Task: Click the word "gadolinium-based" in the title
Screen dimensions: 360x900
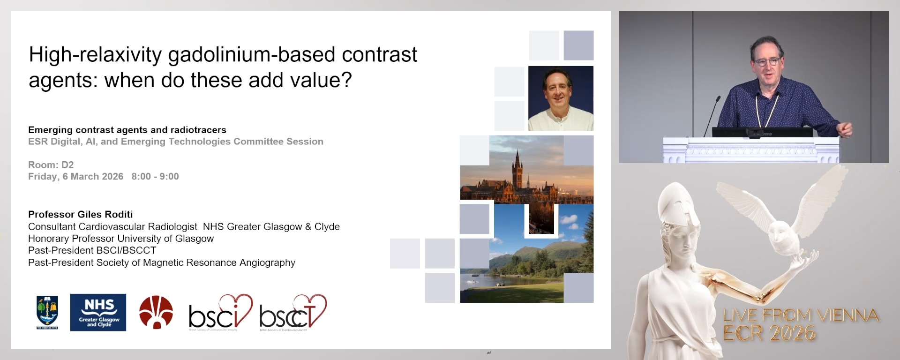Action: (x=252, y=55)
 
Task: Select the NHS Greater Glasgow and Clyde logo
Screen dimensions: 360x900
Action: (x=98, y=312)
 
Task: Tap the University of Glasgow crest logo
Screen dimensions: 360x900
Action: (x=47, y=312)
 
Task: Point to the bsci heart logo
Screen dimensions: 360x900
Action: (x=220, y=313)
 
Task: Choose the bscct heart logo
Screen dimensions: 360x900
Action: (x=292, y=313)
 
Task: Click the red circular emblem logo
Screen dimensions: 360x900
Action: (x=156, y=312)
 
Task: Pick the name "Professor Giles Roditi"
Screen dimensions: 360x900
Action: (x=81, y=214)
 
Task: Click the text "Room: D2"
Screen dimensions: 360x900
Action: (x=51, y=165)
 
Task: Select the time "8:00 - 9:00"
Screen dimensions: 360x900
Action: (x=155, y=177)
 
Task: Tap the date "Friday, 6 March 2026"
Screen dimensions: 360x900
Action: (x=75, y=177)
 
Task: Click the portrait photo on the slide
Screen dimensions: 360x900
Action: (x=561, y=98)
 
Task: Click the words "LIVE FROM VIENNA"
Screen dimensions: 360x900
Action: (x=801, y=315)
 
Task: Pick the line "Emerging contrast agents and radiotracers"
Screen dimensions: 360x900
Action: (x=127, y=130)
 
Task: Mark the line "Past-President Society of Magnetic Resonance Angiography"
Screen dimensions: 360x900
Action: (x=162, y=262)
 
